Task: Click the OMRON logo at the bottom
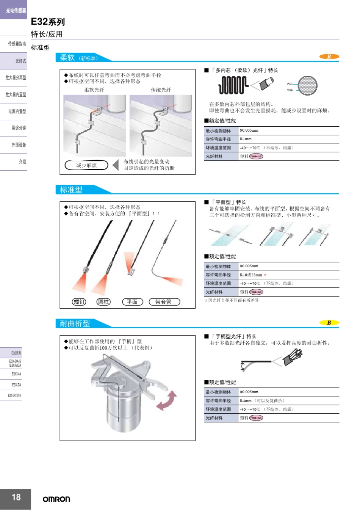point(56,499)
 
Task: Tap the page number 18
point(16,497)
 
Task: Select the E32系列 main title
point(48,22)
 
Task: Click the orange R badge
point(329,56)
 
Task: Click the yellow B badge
point(329,323)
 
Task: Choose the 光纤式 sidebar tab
point(20,61)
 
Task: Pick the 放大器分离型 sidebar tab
point(16,78)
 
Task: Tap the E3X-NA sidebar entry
point(16,374)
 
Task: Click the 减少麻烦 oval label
point(86,165)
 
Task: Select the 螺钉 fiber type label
point(79,302)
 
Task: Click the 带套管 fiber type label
point(164,302)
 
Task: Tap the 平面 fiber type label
point(132,302)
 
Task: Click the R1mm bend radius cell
point(246,139)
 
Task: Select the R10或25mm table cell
point(251,275)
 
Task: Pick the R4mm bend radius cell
point(246,401)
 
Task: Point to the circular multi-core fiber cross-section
point(307,86)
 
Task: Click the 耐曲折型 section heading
point(75,323)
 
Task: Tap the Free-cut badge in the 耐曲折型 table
point(256,418)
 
